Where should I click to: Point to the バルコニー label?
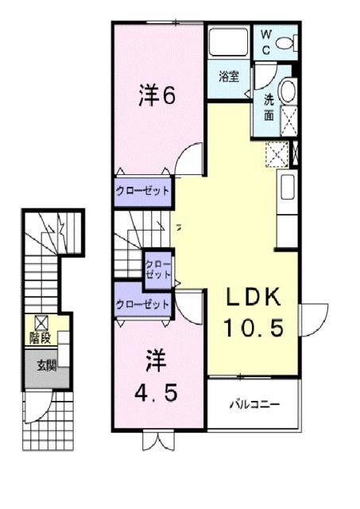click(255, 405)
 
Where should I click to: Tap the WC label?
click(266, 41)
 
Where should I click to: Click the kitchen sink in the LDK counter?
click(288, 190)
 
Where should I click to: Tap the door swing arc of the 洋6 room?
click(186, 161)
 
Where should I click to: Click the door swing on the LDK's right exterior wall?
click(312, 320)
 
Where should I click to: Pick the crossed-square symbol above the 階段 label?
click(41, 322)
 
